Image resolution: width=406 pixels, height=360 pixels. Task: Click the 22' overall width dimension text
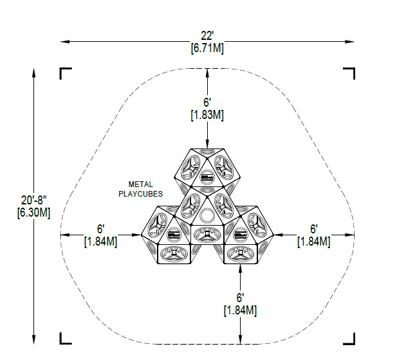pyautogui.click(x=207, y=36)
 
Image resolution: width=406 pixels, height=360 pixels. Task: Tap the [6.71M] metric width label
pyautogui.click(x=207, y=48)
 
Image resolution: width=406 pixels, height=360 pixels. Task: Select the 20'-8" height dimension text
pyautogui.click(x=33, y=200)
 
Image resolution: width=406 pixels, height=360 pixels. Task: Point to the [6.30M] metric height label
pyautogui.click(x=33, y=213)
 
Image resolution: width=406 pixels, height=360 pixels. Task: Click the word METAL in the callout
pyautogui.click(x=141, y=184)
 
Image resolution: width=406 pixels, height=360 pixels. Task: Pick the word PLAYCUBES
pyautogui.click(x=141, y=194)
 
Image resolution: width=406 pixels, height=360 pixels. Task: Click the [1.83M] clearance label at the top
pyautogui.click(x=207, y=115)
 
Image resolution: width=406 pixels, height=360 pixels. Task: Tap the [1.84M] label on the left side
pyautogui.click(x=101, y=241)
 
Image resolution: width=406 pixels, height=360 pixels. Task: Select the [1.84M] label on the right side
pyautogui.click(x=314, y=242)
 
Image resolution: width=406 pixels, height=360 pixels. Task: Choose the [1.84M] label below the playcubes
pyautogui.click(x=240, y=310)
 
